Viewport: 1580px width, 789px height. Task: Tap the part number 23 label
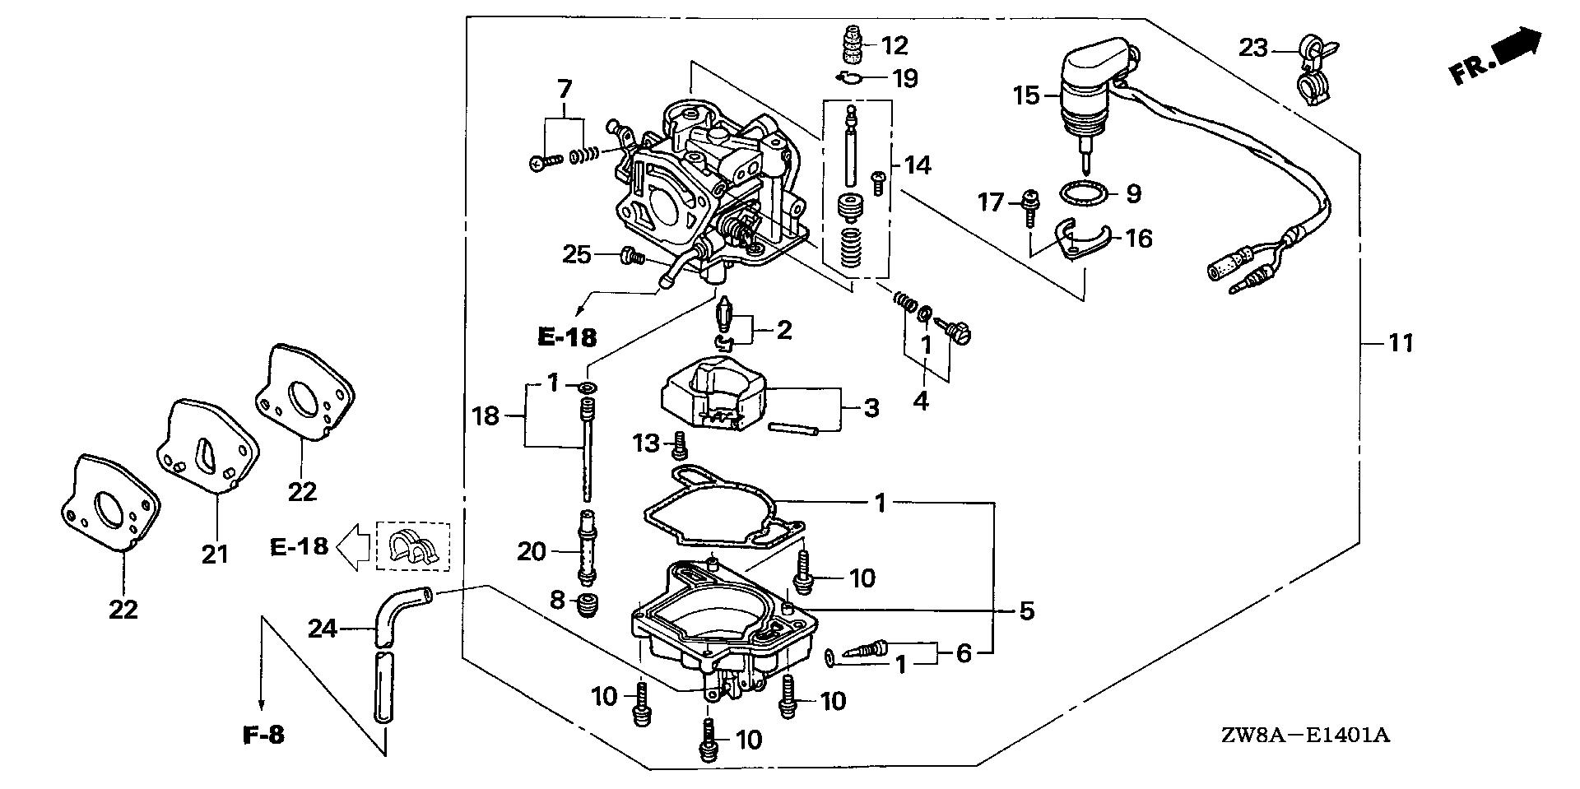(1254, 48)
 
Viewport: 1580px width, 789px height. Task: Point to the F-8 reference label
(264, 735)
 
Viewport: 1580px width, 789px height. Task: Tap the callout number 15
(1027, 95)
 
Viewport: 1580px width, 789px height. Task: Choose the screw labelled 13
(680, 444)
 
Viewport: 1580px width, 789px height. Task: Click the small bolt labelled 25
(632, 257)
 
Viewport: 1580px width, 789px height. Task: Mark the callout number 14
(917, 165)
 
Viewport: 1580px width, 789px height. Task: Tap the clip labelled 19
(850, 78)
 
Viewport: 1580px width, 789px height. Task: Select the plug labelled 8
(588, 608)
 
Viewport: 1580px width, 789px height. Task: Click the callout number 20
(532, 550)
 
